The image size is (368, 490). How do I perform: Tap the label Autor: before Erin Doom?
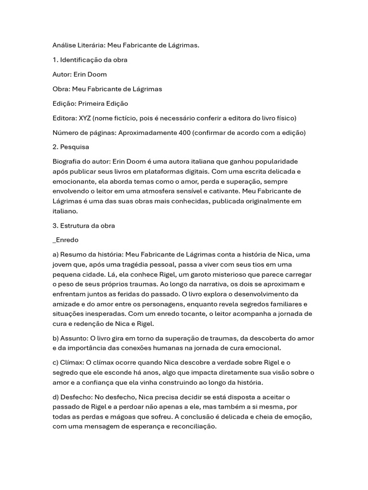[62, 74]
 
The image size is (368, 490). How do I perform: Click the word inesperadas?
[103, 313]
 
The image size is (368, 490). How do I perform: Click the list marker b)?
[56, 338]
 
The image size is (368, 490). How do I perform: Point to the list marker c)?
[56, 363]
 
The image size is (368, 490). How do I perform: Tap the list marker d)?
[56, 397]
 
